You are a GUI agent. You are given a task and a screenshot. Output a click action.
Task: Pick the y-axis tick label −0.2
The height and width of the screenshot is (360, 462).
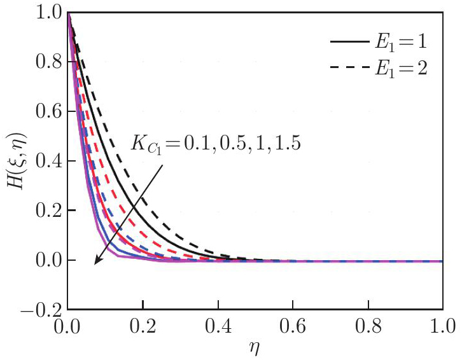tap(39, 310)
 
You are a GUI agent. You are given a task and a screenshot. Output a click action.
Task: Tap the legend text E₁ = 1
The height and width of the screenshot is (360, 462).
tap(398, 42)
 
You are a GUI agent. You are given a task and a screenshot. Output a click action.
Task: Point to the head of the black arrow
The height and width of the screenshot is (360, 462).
tap(94, 263)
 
